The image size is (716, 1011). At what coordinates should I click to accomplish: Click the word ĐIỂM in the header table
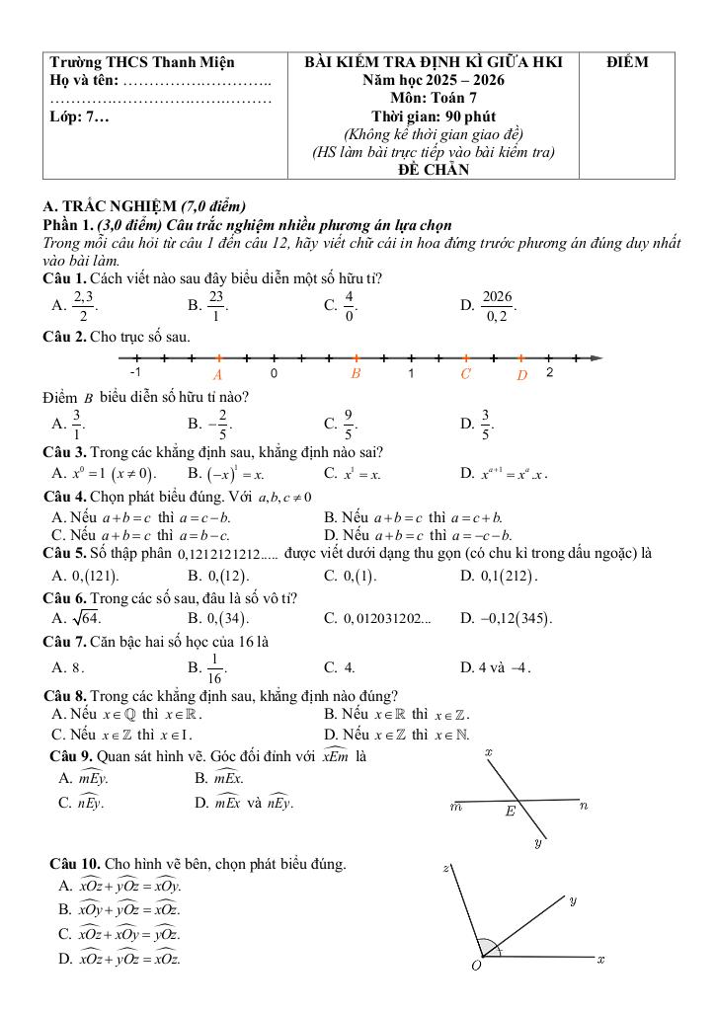click(627, 62)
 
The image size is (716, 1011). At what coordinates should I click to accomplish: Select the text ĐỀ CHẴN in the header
click(433, 170)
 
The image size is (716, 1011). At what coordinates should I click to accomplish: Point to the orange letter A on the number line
click(218, 375)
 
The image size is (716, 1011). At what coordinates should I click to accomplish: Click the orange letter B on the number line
click(356, 374)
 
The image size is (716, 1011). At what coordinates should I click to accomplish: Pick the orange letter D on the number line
click(522, 375)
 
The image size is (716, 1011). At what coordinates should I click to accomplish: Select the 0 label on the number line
click(274, 373)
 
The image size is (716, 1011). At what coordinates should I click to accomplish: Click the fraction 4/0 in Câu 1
click(350, 306)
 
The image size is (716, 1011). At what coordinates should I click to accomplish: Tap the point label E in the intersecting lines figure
click(511, 812)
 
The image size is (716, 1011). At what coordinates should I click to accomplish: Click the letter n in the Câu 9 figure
click(584, 806)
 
